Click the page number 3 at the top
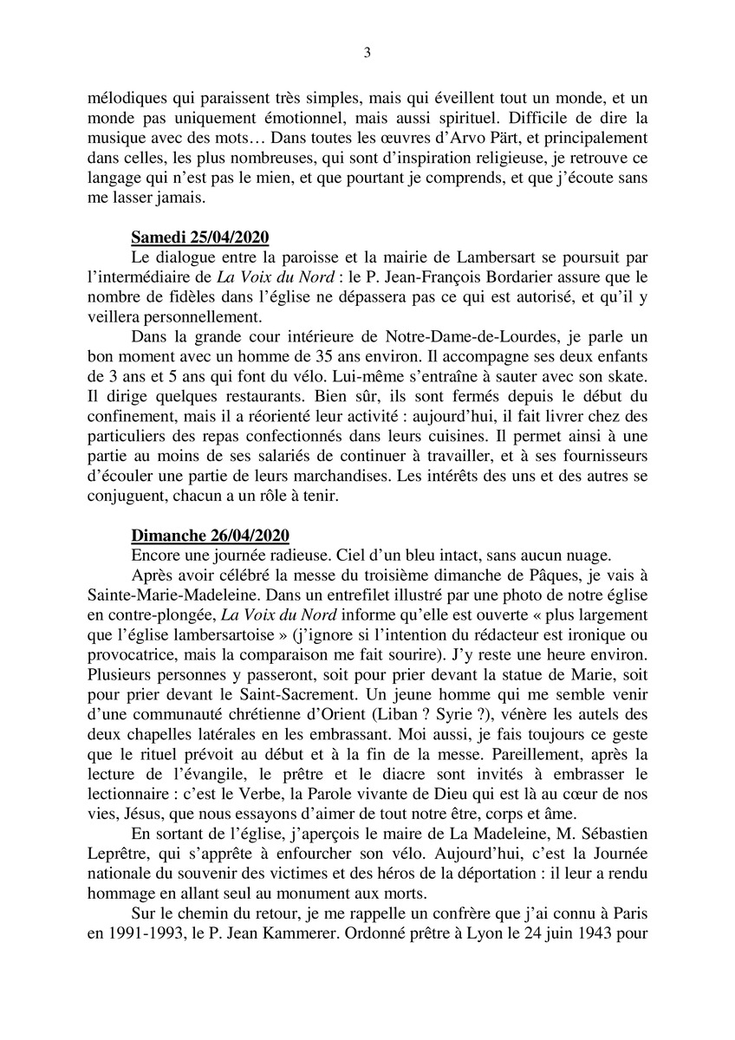pyautogui.click(x=367, y=53)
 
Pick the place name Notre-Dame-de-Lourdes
pyautogui.click(x=432, y=361)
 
